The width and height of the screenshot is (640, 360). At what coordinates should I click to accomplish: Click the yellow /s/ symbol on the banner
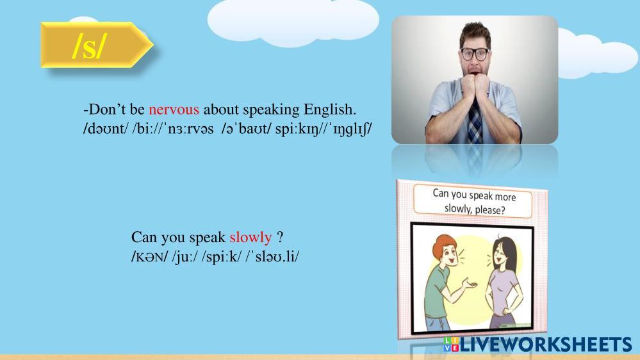pos(90,45)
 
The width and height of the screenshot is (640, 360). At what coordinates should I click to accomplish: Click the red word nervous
pos(174,110)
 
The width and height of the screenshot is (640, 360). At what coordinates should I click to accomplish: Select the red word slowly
pos(250,237)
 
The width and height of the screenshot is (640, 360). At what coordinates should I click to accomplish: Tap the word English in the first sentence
pos(330,110)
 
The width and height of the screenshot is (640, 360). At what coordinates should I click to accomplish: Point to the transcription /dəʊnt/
pos(105,129)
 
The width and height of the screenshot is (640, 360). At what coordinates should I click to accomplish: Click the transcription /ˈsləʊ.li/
pos(272,256)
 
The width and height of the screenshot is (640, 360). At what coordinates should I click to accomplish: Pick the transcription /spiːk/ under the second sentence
pos(221,257)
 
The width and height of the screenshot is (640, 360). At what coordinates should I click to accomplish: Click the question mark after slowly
pos(280,237)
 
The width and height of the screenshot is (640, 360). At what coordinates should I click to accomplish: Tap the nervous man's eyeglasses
pos(474,54)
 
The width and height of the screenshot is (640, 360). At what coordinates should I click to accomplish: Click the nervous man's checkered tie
pos(474,120)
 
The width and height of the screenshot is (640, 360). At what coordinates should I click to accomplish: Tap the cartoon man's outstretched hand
pos(470,283)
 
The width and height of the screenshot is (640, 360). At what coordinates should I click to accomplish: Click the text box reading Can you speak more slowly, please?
pos(473,202)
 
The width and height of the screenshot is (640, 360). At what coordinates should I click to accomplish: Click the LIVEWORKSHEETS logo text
pos(546,345)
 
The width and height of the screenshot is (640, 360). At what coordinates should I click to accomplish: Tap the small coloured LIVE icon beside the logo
pos(451,345)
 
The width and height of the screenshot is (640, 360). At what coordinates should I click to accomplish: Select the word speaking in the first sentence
pos(272,110)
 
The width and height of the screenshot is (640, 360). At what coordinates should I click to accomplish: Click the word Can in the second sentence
pos(144,237)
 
